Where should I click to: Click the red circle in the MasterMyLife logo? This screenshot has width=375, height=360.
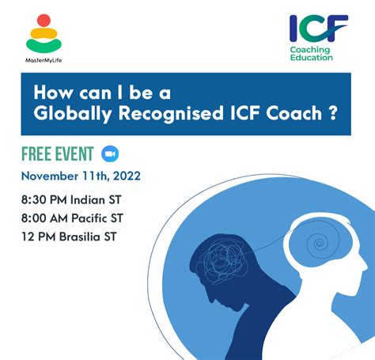click(x=44, y=21)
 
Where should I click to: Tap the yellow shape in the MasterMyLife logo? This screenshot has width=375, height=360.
click(x=44, y=33)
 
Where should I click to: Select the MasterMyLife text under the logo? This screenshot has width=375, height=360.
click(x=44, y=60)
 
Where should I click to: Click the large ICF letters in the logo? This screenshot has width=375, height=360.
click(x=319, y=28)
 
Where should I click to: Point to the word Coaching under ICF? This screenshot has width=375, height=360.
click(x=310, y=50)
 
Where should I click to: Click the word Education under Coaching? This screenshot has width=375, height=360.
click(x=312, y=58)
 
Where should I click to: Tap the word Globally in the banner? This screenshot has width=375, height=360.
click(x=73, y=114)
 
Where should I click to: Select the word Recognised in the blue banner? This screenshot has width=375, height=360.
click(x=171, y=114)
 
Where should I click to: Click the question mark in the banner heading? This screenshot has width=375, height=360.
click(x=333, y=113)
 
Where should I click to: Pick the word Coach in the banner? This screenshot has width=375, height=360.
click(x=294, y=113)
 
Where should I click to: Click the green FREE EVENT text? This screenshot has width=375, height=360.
click(x=58, y=153)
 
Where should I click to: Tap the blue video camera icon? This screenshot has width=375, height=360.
click(x=110, y=153)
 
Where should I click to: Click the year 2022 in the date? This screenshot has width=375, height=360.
click(x=127, y=176)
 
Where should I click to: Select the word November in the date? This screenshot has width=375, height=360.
click(x=50, y=176)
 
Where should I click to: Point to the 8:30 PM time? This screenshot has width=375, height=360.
click(x=44, y=199)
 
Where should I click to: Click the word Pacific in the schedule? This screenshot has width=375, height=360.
click(x=89, y=218)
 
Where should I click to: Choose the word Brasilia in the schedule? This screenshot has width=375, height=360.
click(x=80, y=237)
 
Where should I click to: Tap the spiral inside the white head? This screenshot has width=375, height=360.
click(x=318, y=243)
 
